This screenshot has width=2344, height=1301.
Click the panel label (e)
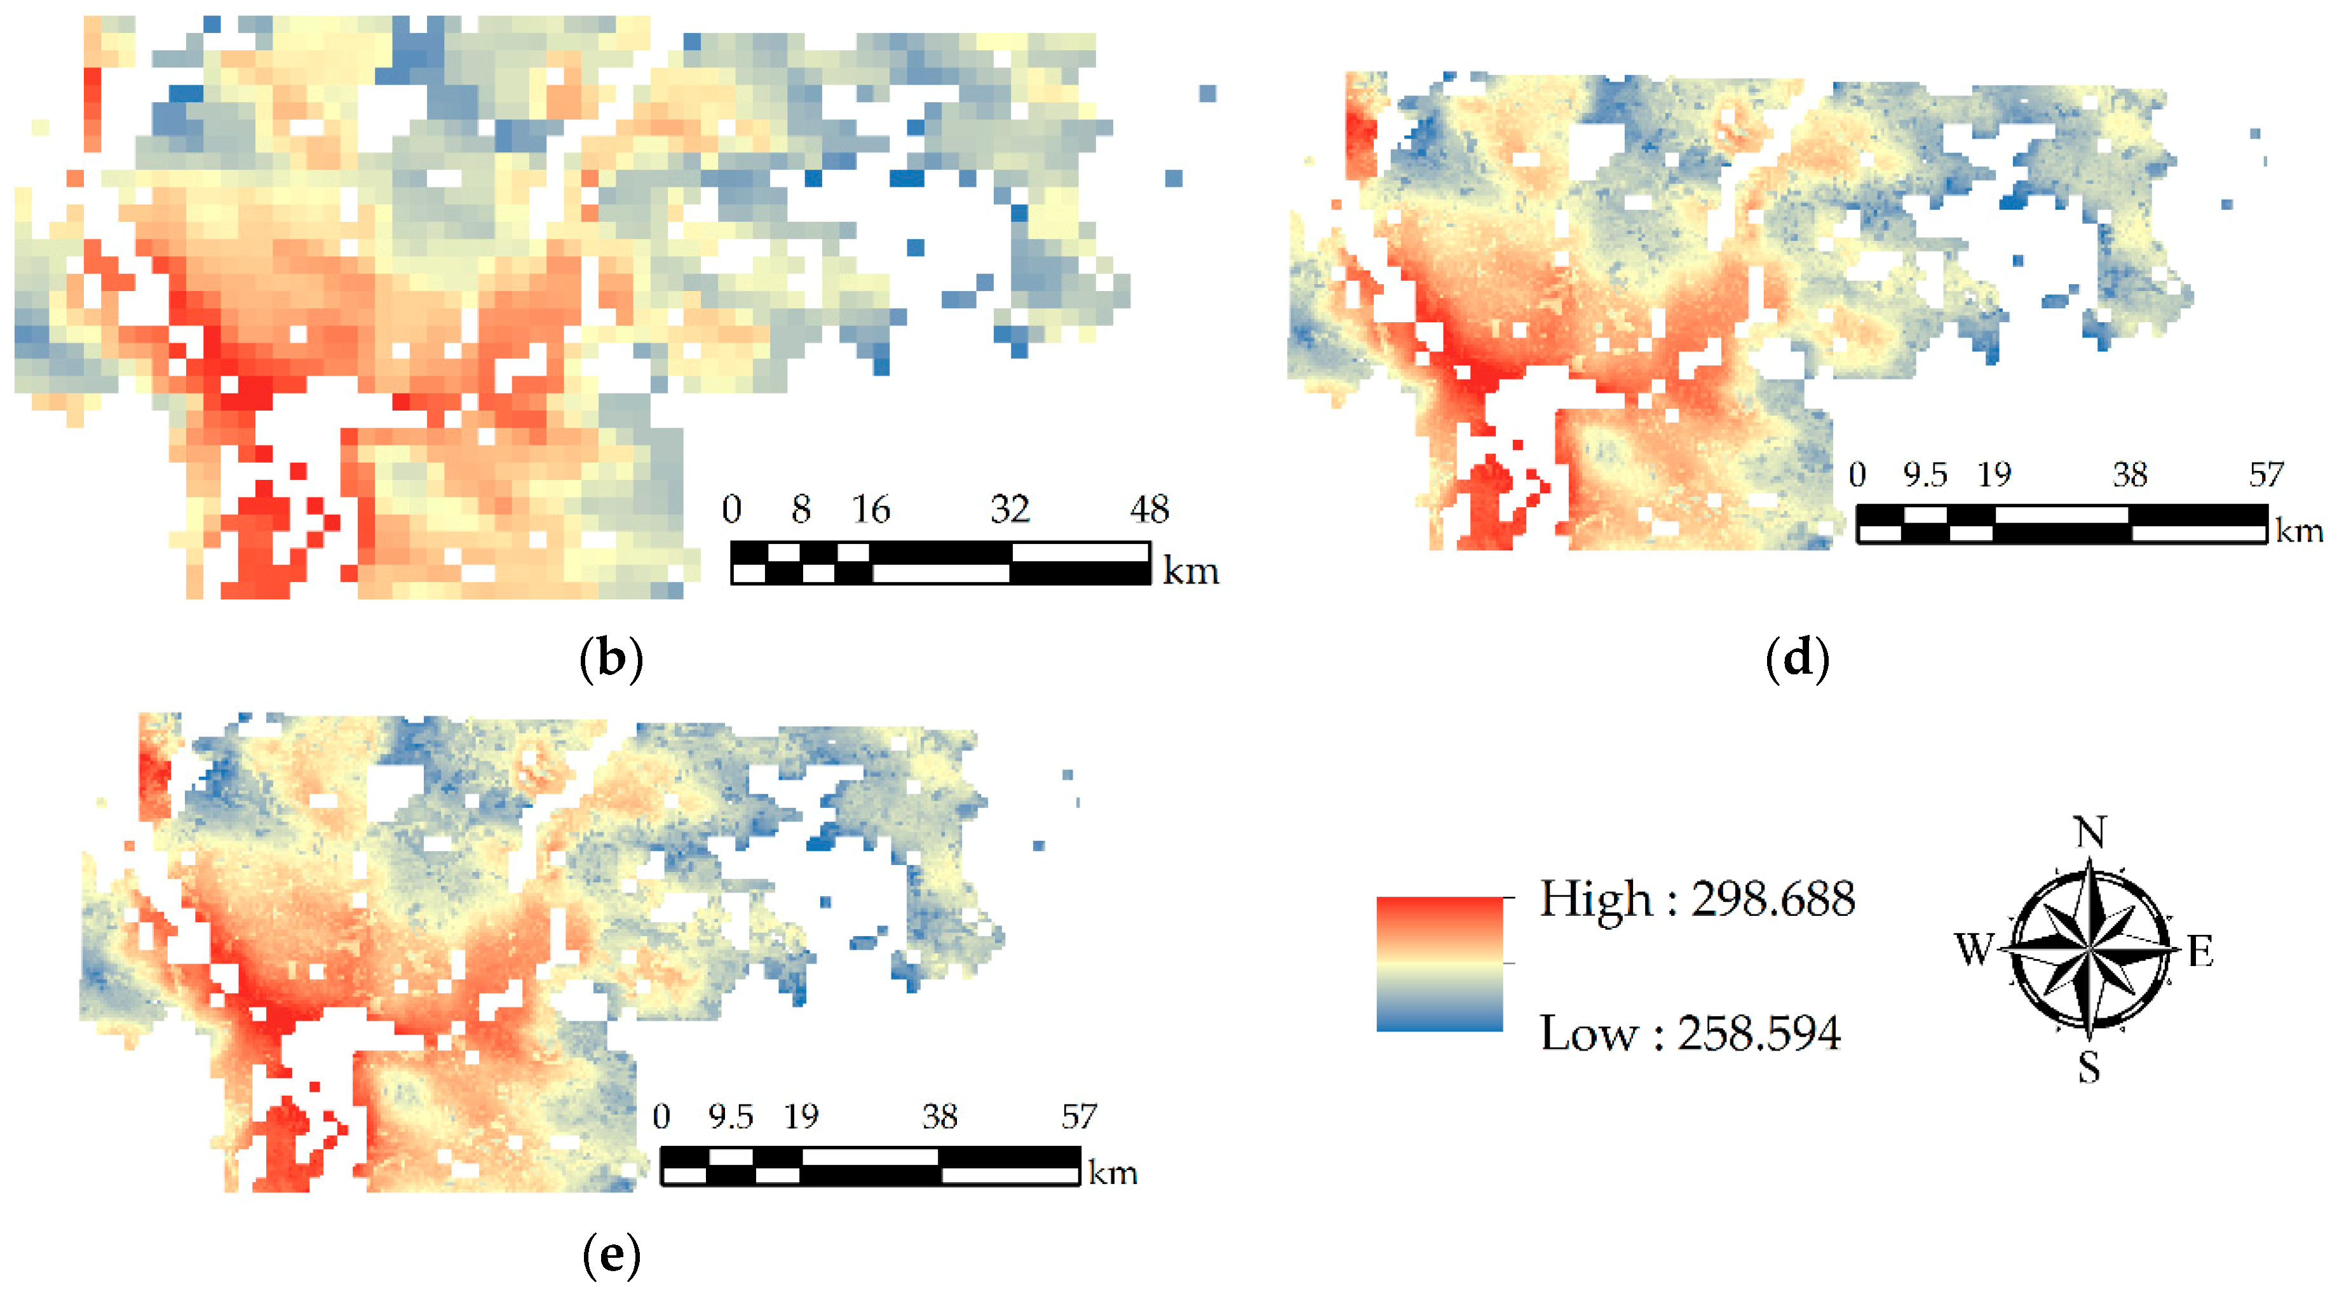(x=611, y=1255)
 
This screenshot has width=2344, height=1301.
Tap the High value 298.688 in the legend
(x=1773, y=899)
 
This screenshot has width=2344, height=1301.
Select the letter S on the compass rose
(x=2089, y=1066)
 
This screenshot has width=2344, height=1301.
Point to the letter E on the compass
(x=2200, y=952)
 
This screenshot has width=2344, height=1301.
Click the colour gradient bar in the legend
(x=1440, y=964)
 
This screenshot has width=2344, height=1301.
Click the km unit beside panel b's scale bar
(x=1190, y=571)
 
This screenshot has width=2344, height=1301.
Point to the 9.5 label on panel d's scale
(x=1925, y=474)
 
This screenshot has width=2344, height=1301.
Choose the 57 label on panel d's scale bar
(x=2266, y=474)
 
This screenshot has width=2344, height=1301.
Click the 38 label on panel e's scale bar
(x=940, y=1116)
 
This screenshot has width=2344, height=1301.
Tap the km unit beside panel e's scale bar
(x=1113, y=1173)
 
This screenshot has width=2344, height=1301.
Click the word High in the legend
(x=1595, y=899)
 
